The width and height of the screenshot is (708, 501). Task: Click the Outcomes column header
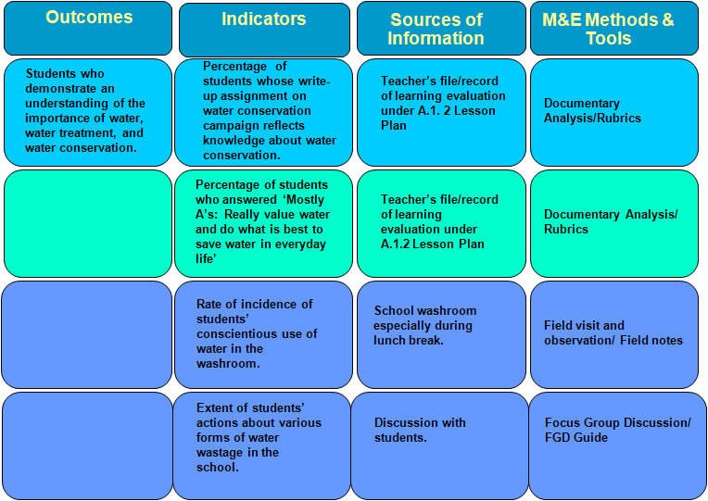[x=89, y=18]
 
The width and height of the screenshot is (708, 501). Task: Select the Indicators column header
[x=264, y=19]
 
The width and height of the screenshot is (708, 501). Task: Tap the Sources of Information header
[x=436, y=29]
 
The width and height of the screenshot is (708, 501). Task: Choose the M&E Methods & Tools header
[x=608, y=29]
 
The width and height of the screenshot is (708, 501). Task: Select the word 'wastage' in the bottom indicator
[x=215, y=453]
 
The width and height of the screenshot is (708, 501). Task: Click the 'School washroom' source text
[x=425, y=310]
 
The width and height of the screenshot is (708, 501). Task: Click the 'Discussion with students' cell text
[x=420, y=430]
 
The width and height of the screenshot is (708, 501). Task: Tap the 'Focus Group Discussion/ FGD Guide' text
[x=618, y=430]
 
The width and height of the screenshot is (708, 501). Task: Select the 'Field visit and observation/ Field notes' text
[x=613, y=333]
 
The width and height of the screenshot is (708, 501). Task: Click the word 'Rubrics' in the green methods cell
[x=566, y=230]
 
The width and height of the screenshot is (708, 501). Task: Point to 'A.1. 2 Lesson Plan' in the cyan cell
[x=438, y=118]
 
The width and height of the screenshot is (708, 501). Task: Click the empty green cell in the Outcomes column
[x=88, y=223]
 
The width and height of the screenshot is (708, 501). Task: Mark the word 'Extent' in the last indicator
[x=215, y=408]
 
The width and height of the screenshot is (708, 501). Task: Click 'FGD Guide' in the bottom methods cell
[x=576, y=438]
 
